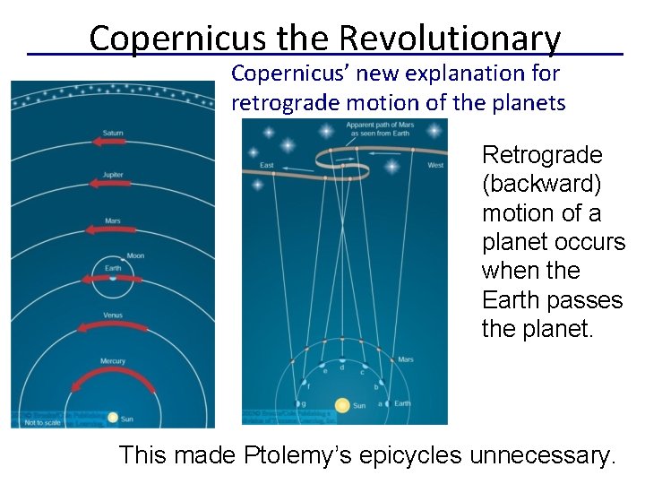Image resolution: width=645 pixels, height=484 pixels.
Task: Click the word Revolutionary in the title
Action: tap(450, 39)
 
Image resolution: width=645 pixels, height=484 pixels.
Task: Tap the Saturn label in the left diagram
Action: tap(113, 133)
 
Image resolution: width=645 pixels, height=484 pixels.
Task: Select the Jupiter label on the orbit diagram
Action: tap(113, 176)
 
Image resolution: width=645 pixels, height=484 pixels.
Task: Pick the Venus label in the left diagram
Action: tap(113, 315)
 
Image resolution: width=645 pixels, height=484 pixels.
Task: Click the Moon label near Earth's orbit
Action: tap(135, 255)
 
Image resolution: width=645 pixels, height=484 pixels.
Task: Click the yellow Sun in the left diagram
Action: tap(113, 418)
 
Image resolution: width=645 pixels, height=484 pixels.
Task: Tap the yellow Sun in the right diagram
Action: tap(341, 405)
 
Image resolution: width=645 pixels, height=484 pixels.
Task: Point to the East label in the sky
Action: tap(266, 165)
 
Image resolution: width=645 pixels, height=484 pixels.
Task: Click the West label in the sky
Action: tap(435, 165)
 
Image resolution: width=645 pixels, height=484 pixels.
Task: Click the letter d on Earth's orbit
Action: tap(341, 367)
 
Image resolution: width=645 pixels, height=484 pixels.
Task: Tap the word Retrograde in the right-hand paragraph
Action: tap(541, 156)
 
